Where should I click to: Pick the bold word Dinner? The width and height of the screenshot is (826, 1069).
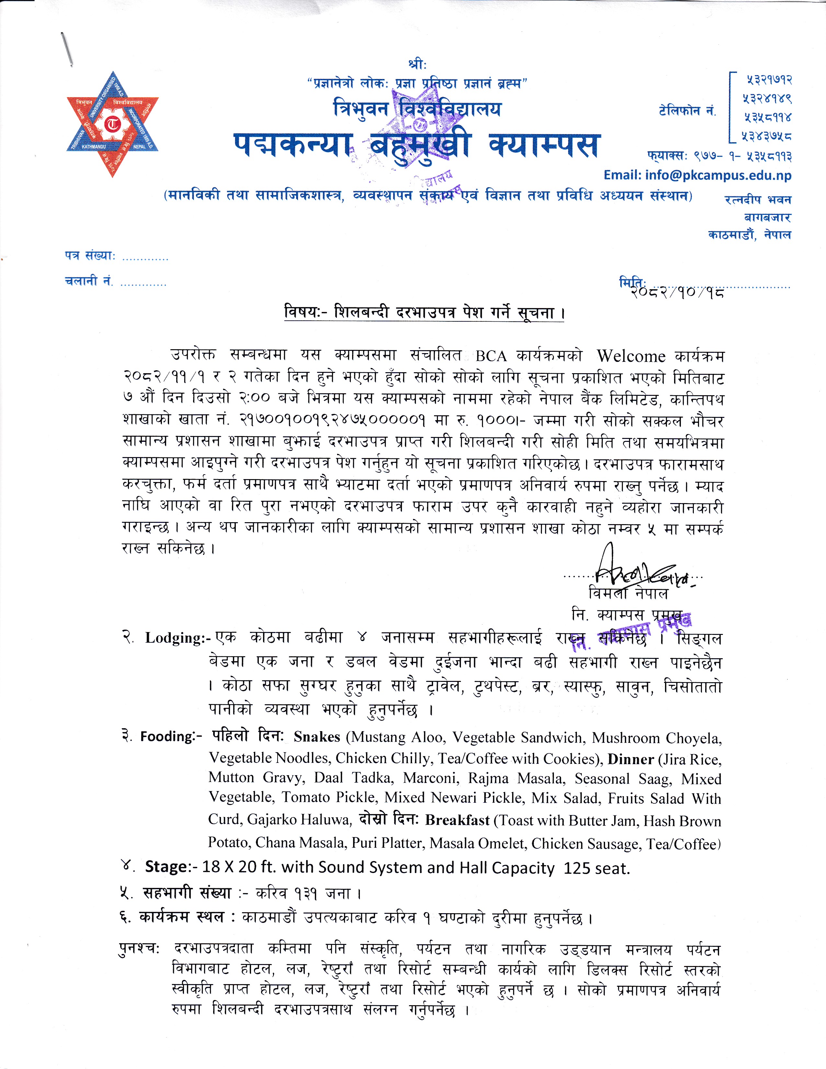point(630,759)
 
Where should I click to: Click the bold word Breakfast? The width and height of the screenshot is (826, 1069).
point(457,820)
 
